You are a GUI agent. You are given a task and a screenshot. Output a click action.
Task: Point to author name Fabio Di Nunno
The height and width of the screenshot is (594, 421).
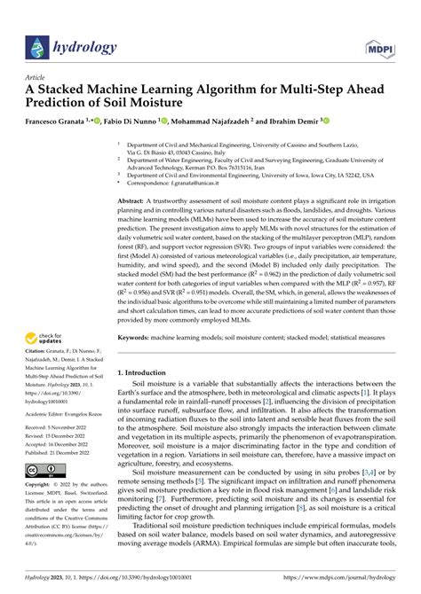pyautogui.click(x=126, y=121)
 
